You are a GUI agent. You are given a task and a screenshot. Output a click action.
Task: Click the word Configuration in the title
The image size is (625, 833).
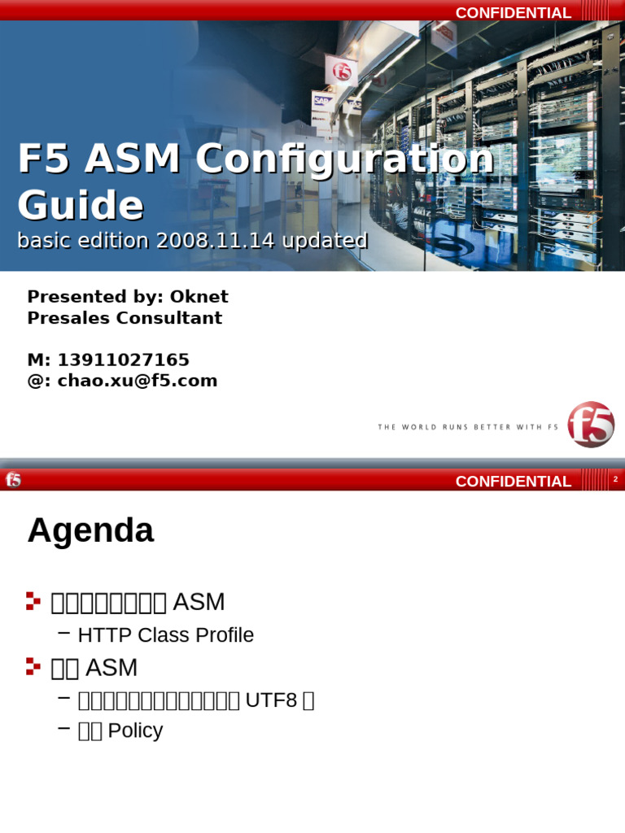[x=344, y=159]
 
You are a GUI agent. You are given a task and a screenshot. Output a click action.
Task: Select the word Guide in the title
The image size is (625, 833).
[x=80, y=205]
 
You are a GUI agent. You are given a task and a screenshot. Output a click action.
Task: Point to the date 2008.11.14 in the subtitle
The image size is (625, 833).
[x=205, y=241]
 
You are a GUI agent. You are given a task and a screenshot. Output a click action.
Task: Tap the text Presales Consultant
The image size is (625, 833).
[x=125, y=318]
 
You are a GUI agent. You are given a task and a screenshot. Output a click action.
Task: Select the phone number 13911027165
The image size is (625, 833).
[x=123, y=360]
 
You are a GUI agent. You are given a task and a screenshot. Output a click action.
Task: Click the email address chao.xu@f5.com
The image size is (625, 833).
[x=137, y=381]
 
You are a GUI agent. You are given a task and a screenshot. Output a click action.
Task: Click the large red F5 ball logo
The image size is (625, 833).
[x=591, y=424]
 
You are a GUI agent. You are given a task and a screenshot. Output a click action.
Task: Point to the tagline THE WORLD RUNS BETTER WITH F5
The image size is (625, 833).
[x=468, y=427]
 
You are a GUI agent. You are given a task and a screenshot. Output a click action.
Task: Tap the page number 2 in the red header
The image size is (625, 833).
[x=615, y=479]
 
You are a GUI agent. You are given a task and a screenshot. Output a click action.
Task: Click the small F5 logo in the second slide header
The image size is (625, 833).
[x=13, y=480]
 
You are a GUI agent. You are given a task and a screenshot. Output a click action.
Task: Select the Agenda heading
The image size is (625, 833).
[x=90, y=531]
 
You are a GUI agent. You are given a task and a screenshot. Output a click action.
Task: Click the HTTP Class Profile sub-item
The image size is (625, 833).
[x=165, y=635]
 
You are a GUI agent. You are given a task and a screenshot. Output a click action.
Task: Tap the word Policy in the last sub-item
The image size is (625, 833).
[x=135, y=731]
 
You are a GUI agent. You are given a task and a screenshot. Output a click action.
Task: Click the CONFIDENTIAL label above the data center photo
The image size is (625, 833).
[x=513, y=12]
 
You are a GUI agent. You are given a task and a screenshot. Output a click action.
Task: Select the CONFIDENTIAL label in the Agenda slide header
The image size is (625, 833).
[x=513, y=481]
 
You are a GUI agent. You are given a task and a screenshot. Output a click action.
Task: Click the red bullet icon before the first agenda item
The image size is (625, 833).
[x=33, y=601]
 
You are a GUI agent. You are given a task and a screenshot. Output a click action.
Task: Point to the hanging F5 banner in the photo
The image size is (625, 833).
[x=341, y=69]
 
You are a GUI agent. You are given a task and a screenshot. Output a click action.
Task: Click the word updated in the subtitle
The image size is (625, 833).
[x=329, y=241]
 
